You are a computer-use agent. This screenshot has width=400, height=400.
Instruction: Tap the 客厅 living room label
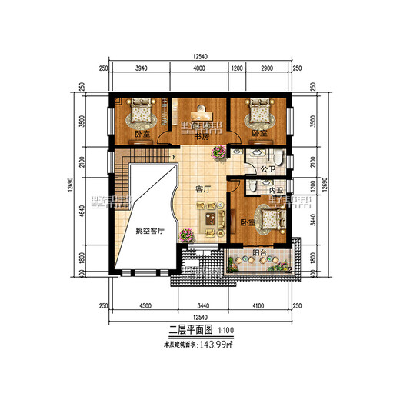click(203, 188)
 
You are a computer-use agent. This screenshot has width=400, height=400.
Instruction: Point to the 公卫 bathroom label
click(268, 168)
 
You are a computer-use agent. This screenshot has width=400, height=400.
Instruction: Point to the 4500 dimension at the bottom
click(145, 306)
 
